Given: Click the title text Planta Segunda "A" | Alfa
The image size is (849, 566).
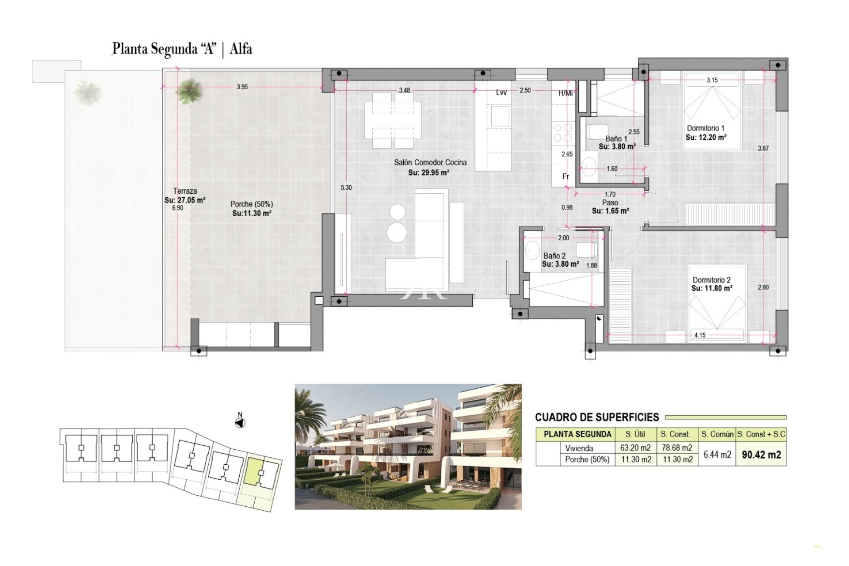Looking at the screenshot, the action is pyautogui.click(x=182, y=49).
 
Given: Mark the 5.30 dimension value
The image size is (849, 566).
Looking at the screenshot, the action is pyautogui.click(x=346, y=187).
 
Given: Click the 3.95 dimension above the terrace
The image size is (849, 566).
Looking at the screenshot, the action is pyautogui.click(x=242, y=87).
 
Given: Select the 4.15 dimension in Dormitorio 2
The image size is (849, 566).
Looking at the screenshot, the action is pyautogui.click(x=700, y=335).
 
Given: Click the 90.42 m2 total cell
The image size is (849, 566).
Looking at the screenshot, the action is pyautogui.click(x=761, y=455).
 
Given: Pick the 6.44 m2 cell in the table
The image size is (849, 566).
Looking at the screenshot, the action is pyautogui.click(x=717, y=455).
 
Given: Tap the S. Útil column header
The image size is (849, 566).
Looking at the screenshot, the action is pyautogui.click(x=635, y=434).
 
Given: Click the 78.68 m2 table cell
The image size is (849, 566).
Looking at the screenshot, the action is pyautogui.click(x=677, y=447).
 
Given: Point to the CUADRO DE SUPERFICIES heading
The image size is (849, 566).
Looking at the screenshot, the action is pyautogui.click(x=597, y=417).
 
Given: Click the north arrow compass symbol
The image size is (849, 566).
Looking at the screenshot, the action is pyautogui.click(x=240, y=423).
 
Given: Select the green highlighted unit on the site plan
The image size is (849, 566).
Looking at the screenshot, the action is pyautogui.click(x=255, y=472).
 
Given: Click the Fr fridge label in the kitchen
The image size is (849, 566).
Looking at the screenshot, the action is pyautogui.click(x=566, y=176).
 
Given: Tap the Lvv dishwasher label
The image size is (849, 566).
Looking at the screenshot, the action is pyautogui.click(x=501, y=92).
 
